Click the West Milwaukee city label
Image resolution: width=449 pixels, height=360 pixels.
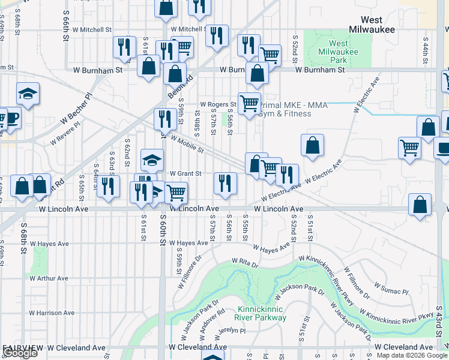pos(372,23)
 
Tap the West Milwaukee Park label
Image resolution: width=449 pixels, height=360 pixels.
pos(339,52)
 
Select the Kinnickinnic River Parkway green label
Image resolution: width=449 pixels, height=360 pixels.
pos(256,312)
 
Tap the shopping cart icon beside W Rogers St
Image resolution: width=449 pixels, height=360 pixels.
pos(249,103)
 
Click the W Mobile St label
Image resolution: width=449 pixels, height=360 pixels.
pos(185,144)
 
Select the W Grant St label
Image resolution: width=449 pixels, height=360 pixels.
pos(184,174)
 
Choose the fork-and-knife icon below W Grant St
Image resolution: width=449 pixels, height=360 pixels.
pos(225,183)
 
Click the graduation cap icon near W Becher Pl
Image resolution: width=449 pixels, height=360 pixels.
pos(28,94)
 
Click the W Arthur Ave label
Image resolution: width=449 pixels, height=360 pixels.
pos(49,278)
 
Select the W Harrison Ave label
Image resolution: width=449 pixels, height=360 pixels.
pos(52,313)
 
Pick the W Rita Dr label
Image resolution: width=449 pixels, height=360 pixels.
pos(245,263)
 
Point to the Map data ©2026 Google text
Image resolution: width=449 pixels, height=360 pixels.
pos(412,355)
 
